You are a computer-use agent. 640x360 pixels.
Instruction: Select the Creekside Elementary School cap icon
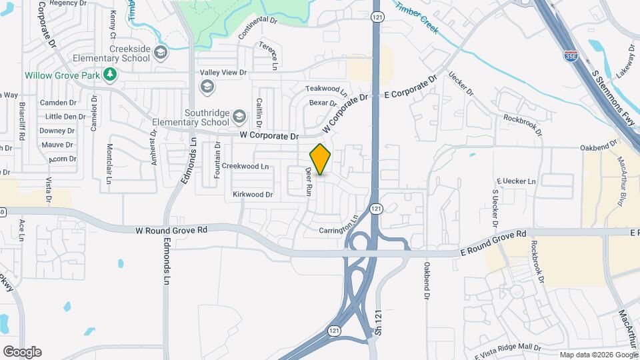pos(160,52)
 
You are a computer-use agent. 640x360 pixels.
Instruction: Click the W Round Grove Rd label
pos(172,229)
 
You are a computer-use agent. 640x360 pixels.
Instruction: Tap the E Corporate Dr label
pos(411,87)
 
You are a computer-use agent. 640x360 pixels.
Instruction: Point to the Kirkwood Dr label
pos(253,195)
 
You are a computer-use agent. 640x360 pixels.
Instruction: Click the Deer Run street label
pos(309,180)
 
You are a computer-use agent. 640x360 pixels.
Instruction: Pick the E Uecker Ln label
pos(517,181)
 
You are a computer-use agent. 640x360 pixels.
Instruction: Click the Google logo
pos(22,352)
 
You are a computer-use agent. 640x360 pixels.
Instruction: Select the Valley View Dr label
pos(224,72)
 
